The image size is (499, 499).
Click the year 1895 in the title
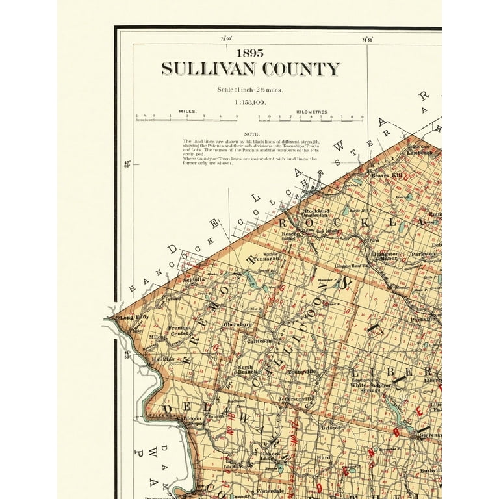coord(250,53)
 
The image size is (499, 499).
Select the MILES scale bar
coord(186,118)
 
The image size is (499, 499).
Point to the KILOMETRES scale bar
coord(311,118)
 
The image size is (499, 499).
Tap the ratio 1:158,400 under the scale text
coord(251,102)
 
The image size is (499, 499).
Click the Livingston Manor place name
coord(385,255)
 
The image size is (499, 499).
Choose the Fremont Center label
coord(180,331)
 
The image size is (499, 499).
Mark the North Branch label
coord(246,370)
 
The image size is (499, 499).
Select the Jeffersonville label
coord(296,398)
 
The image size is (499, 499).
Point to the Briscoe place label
coord(330,428)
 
